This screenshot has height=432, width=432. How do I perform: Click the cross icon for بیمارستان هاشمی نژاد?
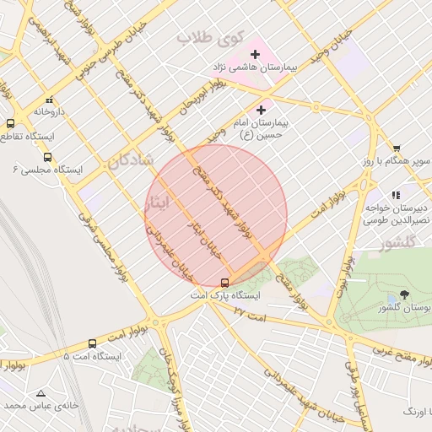tap(255, 54)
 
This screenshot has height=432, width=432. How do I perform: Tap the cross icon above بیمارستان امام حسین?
tap(261, 109)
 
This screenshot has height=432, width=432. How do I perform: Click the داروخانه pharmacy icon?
tap(50, 98)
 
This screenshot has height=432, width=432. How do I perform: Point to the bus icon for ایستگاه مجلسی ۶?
tap(47, 157)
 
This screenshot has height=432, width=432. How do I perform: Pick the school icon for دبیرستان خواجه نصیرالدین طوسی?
tap(396, 195)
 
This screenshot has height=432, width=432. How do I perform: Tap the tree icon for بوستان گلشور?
tap(404, 295)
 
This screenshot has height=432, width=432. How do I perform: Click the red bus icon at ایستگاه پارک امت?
tap(224, 283)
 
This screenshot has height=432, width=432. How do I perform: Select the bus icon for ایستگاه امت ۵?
tap(92, 343)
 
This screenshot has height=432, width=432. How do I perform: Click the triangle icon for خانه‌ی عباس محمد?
tap(40, 392)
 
